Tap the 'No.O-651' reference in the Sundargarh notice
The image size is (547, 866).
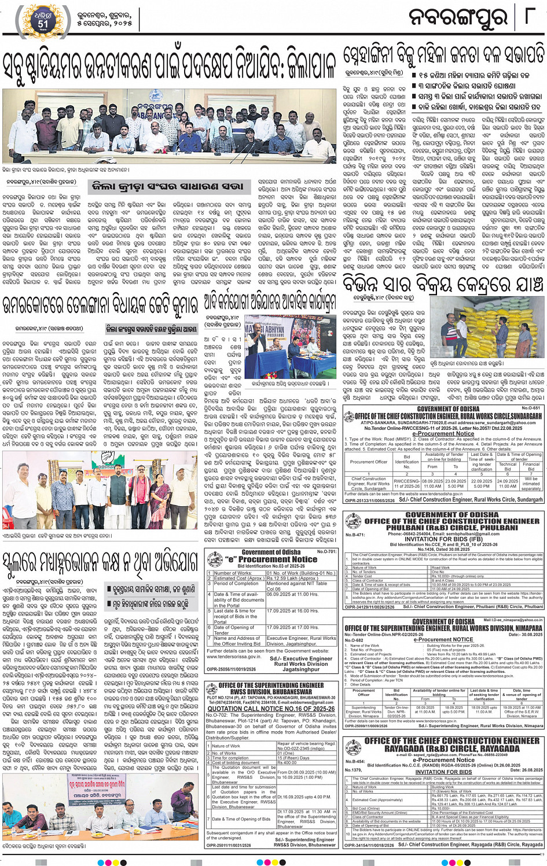[531, 408]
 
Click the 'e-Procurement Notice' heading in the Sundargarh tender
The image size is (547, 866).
[443, 433]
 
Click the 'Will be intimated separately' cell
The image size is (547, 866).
[531, 484]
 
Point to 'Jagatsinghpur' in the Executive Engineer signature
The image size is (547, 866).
[301, 669]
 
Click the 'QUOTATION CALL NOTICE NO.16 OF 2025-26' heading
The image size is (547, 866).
[271, 708]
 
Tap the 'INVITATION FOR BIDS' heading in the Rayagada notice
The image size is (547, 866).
[443, 772]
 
